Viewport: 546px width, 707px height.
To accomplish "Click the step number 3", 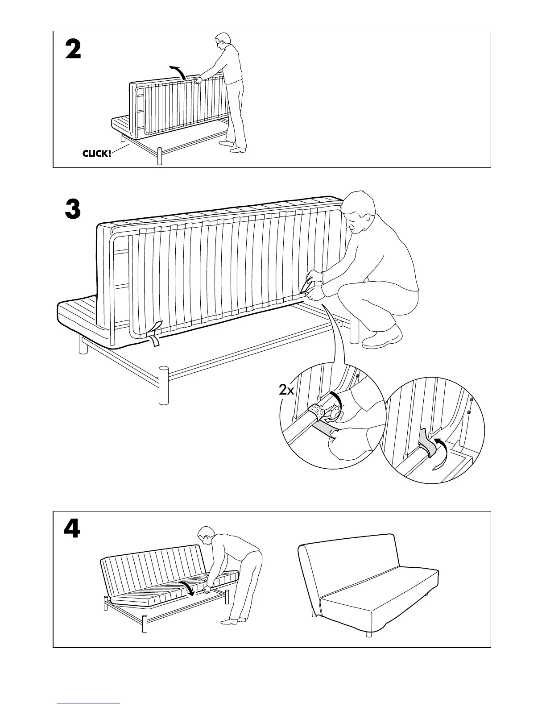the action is point(73,209).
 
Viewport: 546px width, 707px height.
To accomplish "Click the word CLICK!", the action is point(97,154).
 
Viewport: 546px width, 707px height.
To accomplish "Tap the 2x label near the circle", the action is point(286,390).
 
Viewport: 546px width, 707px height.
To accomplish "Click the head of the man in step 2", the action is point(222,41).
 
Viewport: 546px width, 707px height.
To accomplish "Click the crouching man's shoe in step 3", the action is point(382,337).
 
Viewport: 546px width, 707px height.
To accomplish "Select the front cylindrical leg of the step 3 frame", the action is point(164,385).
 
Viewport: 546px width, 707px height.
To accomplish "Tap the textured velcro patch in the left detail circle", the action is point(318,410).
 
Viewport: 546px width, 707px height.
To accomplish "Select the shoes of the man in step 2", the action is point(233,147).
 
